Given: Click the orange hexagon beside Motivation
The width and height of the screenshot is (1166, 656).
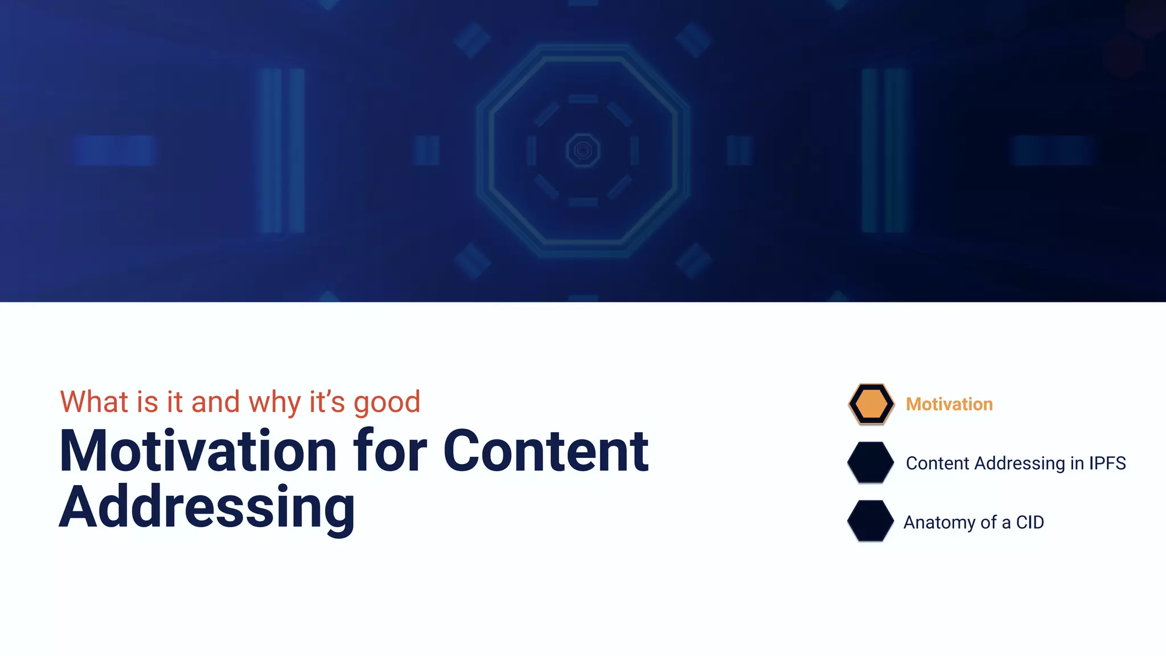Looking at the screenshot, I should (x=871, y=404).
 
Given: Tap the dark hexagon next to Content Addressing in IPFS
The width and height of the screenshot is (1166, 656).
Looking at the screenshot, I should (x=871, y=462).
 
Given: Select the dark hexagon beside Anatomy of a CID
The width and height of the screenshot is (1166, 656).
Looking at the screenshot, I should (x=871, y=521).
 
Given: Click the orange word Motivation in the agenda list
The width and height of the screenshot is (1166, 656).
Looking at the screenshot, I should (x=949, y=404).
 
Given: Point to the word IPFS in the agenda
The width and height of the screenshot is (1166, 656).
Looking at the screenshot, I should (x=1107, y=463).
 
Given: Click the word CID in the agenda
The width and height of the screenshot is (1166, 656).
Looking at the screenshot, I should (x=1030, y=522).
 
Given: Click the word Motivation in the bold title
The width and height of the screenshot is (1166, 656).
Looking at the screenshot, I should (x=199, y=452).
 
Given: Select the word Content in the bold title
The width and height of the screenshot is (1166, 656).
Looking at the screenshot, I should (x=545, y=452).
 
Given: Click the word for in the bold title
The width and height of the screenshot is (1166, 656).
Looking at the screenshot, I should (x=390, y=452).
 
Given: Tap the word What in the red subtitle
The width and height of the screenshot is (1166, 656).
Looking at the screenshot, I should (x=94, y=402).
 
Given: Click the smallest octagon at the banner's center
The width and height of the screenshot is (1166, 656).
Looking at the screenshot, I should (x=583, y=150).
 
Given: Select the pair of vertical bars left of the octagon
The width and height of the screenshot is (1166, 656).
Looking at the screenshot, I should (x=281, y=150).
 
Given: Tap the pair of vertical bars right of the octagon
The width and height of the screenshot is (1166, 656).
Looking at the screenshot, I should (x=884, y=150).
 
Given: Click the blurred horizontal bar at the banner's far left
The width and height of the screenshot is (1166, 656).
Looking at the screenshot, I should (x=114, y=150).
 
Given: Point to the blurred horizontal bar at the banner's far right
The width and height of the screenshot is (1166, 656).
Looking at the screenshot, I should (x=1052, y=150).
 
